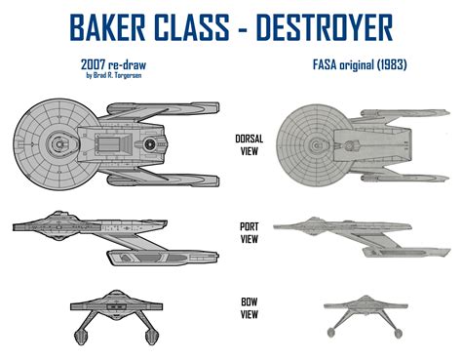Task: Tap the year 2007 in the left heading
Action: [x=72, y=64]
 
